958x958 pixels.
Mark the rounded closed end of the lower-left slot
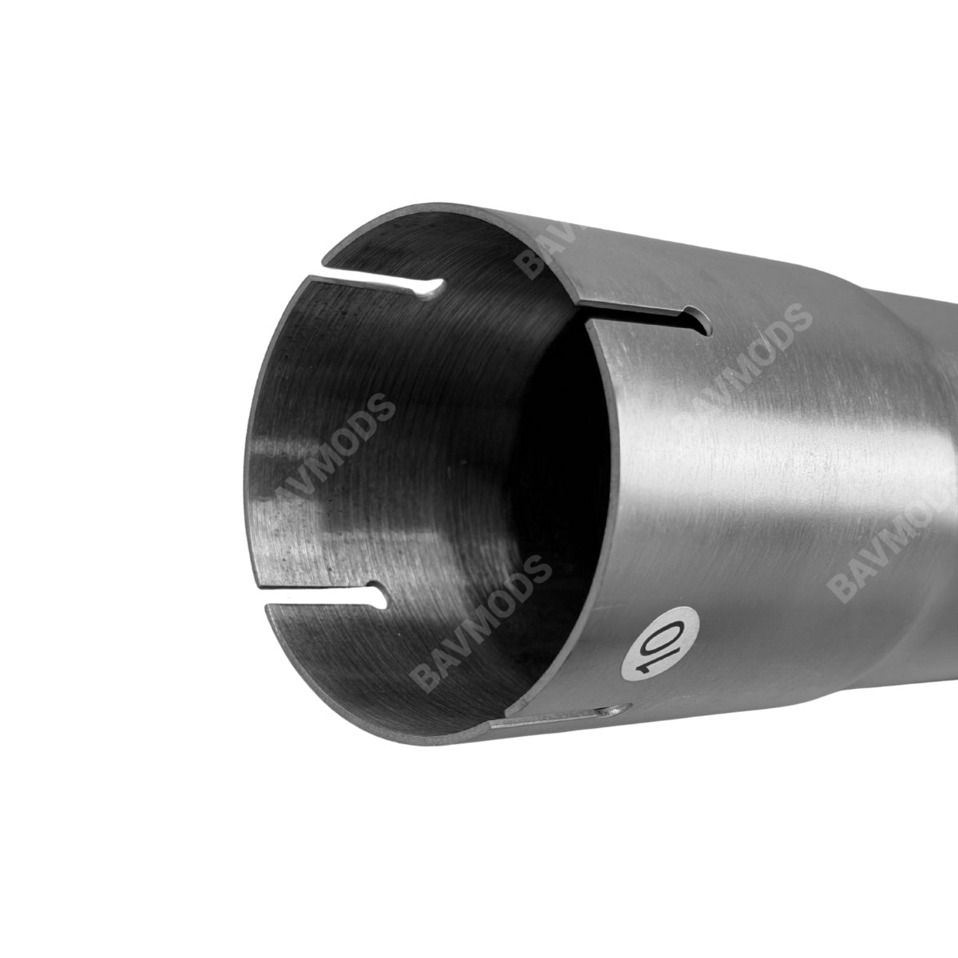pyautogui.click(x=383, y=593)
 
